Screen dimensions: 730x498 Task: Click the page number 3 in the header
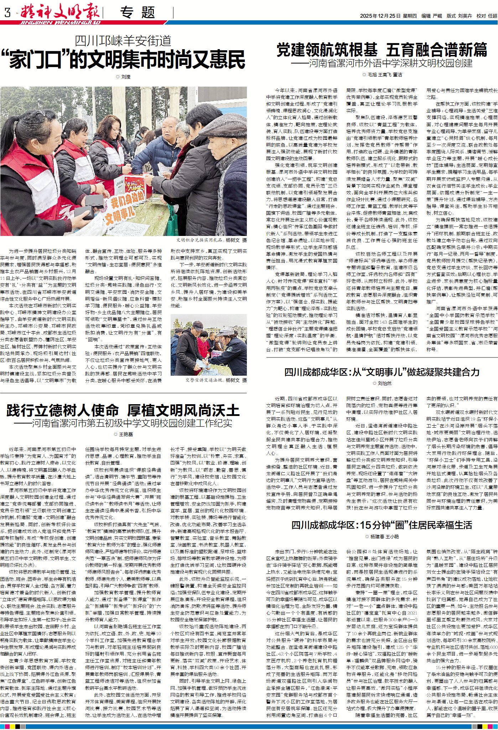coord(7,13)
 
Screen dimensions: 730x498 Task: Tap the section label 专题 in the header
coord(138,13)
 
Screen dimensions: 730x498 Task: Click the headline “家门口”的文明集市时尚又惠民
coord(123,60)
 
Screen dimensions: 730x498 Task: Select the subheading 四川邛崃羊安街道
coord(123,41)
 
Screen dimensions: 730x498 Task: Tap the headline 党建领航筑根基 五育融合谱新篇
coord(382,50)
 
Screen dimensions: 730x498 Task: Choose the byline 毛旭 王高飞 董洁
coord(382,74)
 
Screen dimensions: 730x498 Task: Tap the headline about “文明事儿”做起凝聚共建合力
coord(382,372)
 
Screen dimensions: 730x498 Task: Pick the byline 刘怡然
coord(382,384)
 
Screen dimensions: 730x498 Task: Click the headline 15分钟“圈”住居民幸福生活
coord(382,525)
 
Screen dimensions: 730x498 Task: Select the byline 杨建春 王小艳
coord(382,536)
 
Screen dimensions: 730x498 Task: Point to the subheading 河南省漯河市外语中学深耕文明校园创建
coord(390,63)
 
